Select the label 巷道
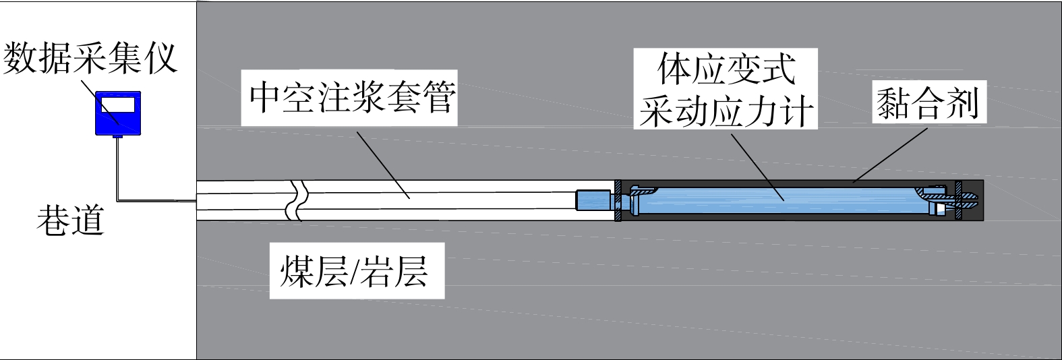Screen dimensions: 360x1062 [71, 220]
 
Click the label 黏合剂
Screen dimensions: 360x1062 [928, 103]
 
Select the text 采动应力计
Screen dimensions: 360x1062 [726, 111]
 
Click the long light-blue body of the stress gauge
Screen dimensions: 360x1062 [775, 201]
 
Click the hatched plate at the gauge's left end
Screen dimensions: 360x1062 [618, 200]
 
